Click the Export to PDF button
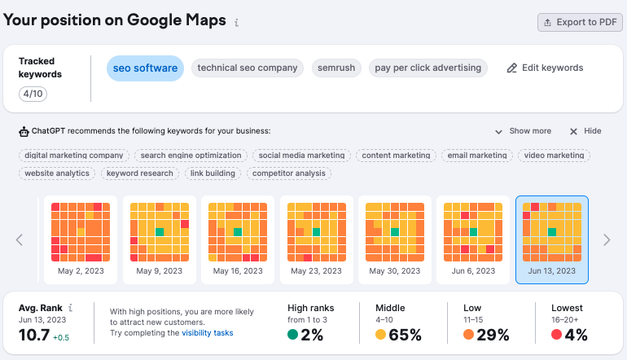pos(580,22)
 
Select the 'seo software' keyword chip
pos(145,68)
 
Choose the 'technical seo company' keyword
pos(248,68)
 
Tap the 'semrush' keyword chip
pos(337,68)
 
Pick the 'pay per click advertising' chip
pos(427,68)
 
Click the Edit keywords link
pos(545,68)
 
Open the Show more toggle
pos(523,131)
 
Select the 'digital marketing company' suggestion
pos(74,155)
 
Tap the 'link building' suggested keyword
pos(213,173)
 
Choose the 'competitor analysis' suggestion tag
pos(288,173)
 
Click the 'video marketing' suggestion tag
pos(554,155)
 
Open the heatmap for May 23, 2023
pos(316,239)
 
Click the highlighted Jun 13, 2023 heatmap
pos(552,239)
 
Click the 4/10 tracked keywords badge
pos(34,94)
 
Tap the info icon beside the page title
pos(236,23)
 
